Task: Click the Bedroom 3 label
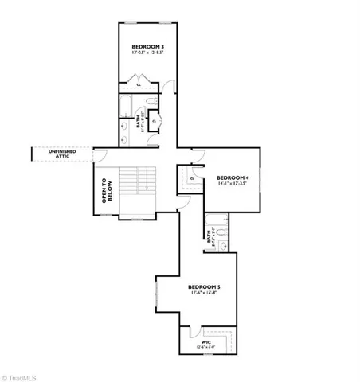coord(147,48)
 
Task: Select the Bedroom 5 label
coord(204,286)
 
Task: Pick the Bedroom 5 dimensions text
coord(204,294)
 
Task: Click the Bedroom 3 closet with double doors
coord(139,84)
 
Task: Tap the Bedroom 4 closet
coord(192,178)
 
